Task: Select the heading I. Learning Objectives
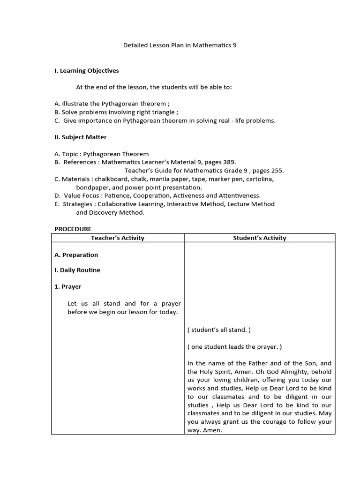(87, 71)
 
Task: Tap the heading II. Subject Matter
(81, 137)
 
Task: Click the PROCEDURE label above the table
(73, 229)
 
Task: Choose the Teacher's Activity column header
(118, 238)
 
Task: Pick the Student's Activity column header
(259, 238)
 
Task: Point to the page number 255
(277, 171)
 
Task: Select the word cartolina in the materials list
(260, 179)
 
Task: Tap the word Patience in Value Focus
(117, 195)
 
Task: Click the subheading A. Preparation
(76, 255)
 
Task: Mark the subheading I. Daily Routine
(77, 270)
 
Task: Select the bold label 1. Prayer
(68, 286)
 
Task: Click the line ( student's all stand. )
(219, 330)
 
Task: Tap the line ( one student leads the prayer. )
(234, 347)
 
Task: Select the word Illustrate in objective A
(75, 104)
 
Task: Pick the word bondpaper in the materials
(92, 187)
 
